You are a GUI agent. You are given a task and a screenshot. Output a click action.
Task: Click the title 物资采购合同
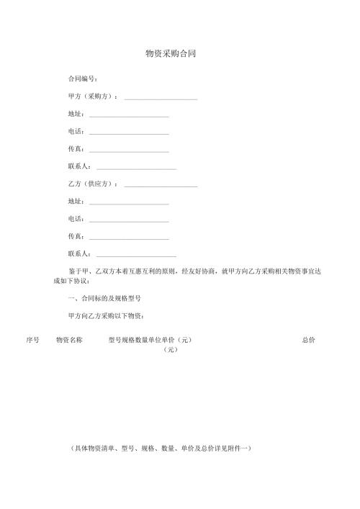(171, 54)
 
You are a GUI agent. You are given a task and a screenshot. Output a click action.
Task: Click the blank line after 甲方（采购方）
(161, 99)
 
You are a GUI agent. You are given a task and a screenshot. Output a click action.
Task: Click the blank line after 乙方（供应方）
(161, 186)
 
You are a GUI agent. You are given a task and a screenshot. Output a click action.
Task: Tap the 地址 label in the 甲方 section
(76, 114)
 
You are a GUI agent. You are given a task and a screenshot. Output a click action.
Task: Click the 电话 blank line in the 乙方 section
(128, 221)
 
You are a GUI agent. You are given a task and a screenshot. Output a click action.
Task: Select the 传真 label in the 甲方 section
(76, 149)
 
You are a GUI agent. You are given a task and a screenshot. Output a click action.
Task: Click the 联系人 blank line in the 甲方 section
(136, 168)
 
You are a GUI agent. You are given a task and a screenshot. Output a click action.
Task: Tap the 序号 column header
(32, 339)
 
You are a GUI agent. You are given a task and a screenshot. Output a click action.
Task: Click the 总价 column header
(308, 339)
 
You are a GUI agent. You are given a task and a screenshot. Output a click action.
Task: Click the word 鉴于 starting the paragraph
(74, 271)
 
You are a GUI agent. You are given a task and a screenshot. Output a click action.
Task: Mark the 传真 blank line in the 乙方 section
(128, 238)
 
